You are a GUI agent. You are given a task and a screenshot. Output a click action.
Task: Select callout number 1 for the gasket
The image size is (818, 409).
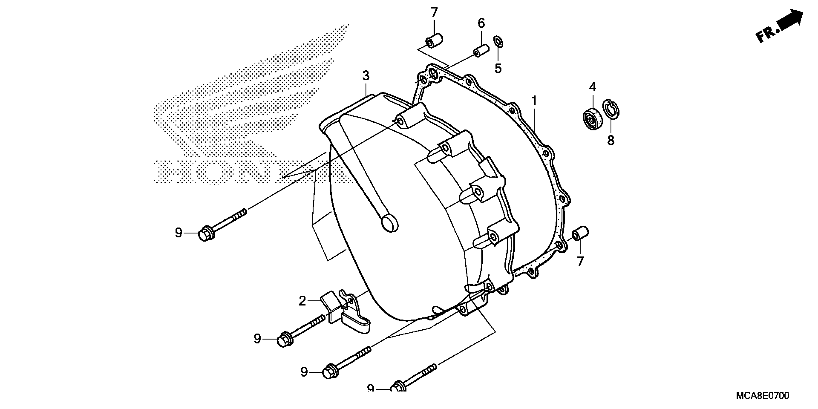(534, 101)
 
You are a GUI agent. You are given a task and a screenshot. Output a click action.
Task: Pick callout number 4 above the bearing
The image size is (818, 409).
(593, 87)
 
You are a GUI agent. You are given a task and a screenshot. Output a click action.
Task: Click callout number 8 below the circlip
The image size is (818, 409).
(611, 140)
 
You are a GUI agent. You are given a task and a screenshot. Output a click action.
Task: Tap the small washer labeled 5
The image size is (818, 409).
(498, 42)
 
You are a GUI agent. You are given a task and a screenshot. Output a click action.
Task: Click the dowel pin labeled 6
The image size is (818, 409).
(480, 51)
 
